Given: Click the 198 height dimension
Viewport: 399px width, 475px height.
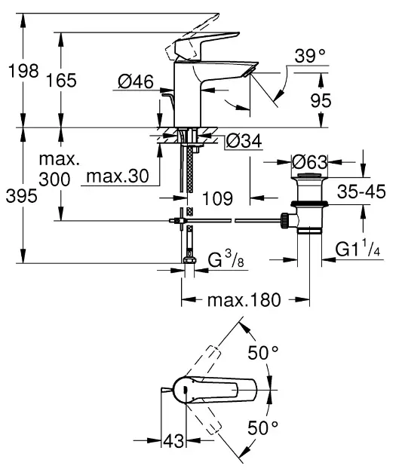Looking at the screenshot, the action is coord(23,71).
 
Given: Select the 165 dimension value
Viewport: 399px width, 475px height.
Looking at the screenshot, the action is coord(61,81).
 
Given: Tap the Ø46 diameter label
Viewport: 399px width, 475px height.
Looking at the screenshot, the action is coord(136,81).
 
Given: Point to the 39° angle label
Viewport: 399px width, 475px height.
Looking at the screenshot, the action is coord(310,56).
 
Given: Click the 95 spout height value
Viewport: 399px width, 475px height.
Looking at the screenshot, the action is coord(321,100).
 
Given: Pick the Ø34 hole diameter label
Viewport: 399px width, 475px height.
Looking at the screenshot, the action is coord(244,141).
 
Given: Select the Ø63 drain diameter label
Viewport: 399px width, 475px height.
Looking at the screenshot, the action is coord(310,162).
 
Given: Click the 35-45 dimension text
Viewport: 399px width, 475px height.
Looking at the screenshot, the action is coord(361,192).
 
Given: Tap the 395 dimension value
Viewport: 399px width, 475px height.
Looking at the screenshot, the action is coord(22,195).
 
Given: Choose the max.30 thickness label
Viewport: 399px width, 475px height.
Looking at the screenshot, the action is coord(118,176).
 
